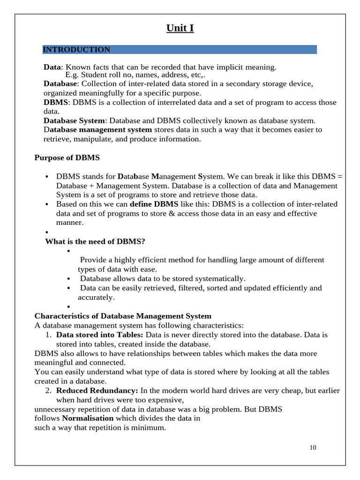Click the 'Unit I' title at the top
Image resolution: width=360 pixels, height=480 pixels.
click(x=180, y=28)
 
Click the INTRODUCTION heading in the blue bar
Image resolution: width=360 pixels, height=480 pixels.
click(x=76, y=50)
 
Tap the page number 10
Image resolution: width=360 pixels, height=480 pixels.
click(x=313, y=447)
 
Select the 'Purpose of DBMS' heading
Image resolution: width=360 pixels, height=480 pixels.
click(x=67, y=157)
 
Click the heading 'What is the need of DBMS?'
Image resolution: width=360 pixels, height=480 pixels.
click(x=95, y=241)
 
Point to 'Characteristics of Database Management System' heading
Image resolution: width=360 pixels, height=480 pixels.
click(x=123, y=316)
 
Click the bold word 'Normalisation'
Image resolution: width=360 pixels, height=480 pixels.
click(x=88, y=418)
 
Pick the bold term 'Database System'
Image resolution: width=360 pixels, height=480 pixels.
click(x=74, y=120)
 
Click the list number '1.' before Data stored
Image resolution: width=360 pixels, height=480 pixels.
click(x=48, y=335)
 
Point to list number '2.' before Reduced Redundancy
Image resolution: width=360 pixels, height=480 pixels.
click(x=48, y=390)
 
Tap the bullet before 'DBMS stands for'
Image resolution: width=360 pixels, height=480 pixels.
click(x=47, y=177)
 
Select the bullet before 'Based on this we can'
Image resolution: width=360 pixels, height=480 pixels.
click(x=47, y=204)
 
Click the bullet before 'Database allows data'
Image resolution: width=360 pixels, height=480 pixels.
click(x=69, y=279)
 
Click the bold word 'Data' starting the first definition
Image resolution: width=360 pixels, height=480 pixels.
click(x=52, y=67)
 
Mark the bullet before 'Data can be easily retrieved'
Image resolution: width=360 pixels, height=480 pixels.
click(x=69, y=288)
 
